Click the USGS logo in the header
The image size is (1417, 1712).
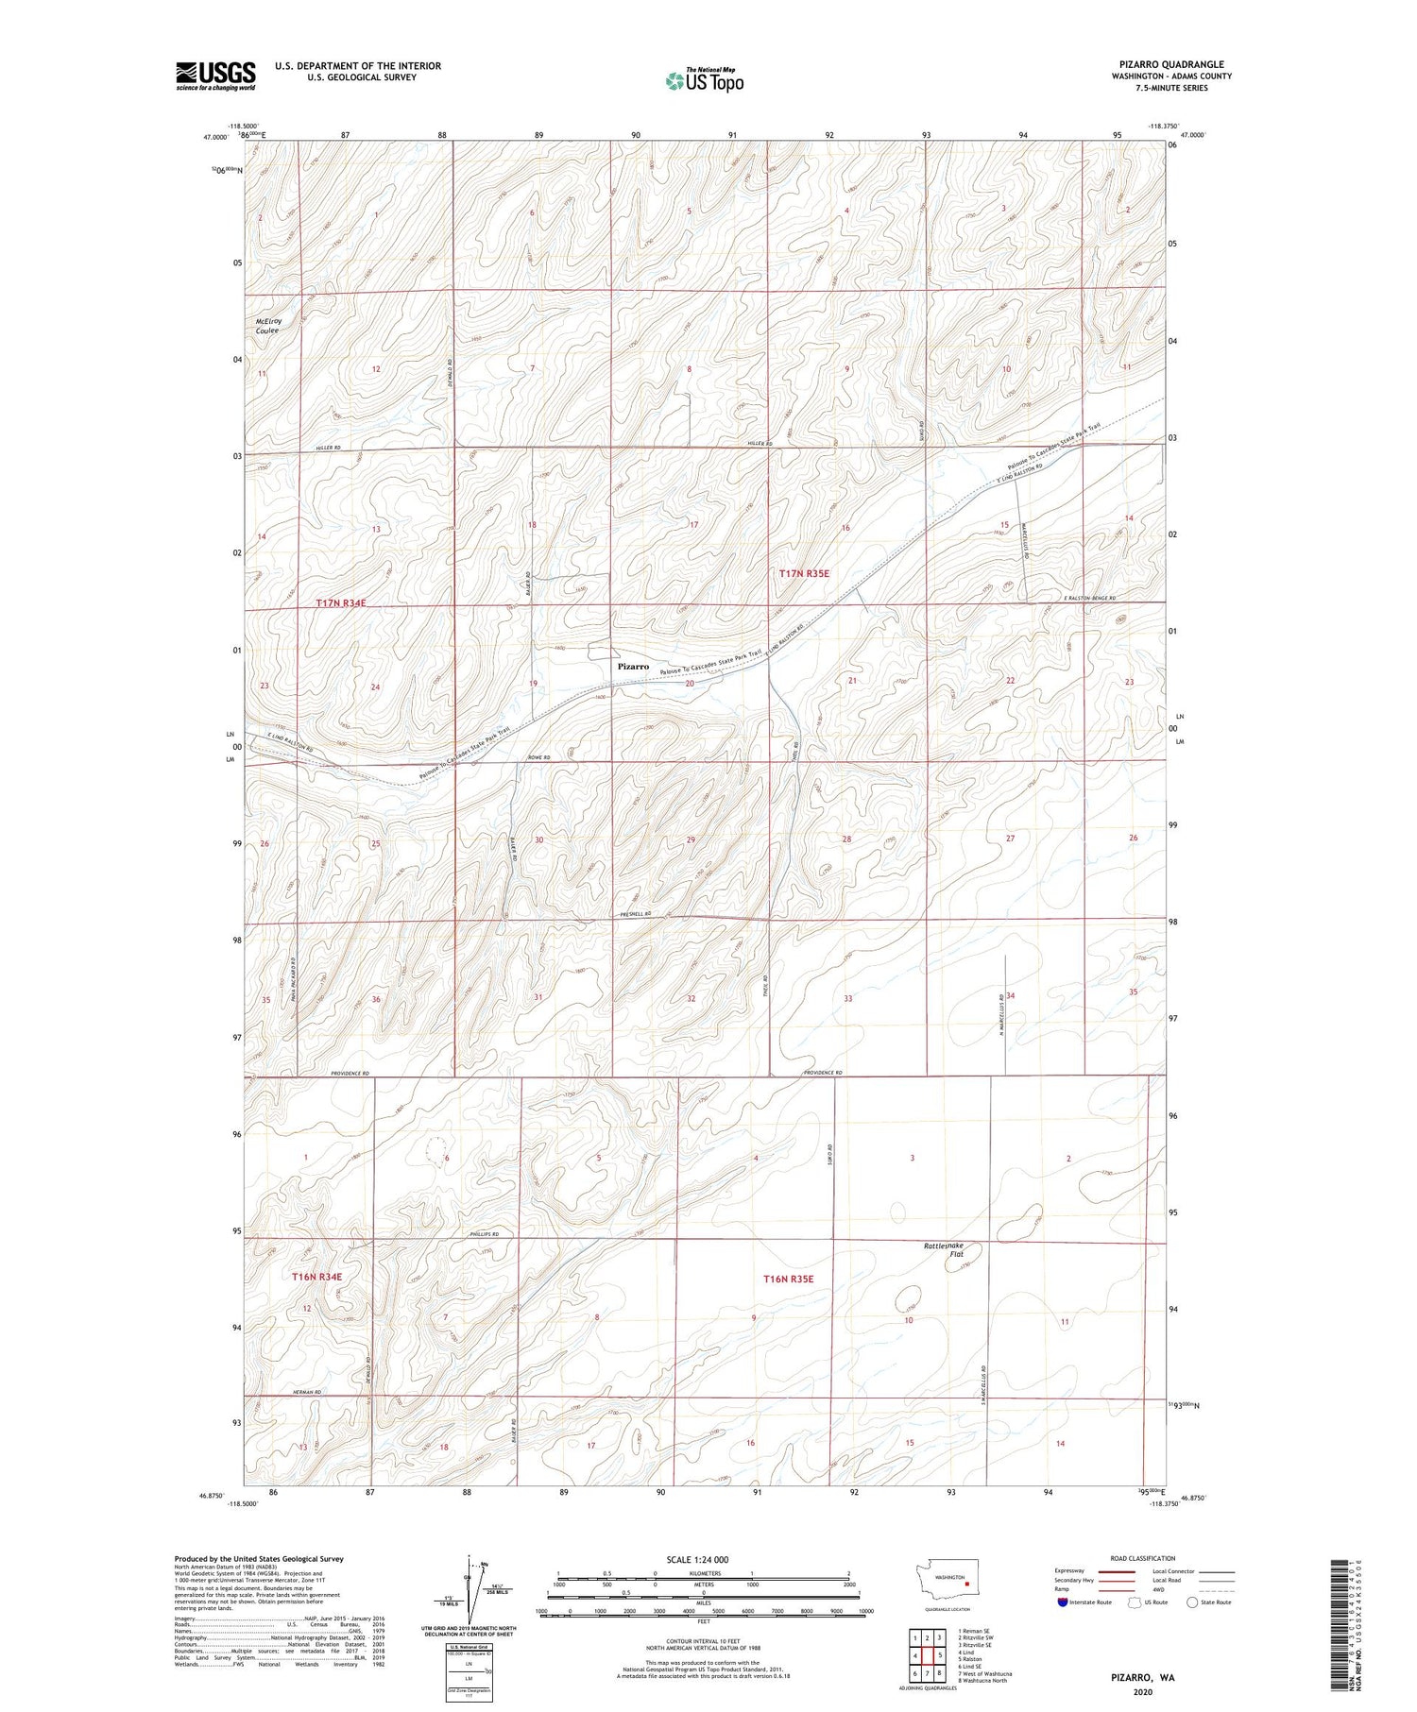coord(215,76)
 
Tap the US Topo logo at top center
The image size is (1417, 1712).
coord(704,81)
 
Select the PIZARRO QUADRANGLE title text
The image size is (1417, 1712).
coord(1171,64)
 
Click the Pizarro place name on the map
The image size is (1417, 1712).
coord(633,667)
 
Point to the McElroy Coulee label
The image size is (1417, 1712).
coord(269,326)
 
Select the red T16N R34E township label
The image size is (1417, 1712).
coord(316,1277)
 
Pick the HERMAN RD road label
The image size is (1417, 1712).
coord(307,1392)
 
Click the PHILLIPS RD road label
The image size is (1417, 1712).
coord(484,1234)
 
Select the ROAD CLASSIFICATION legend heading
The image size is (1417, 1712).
coord(1143,1558)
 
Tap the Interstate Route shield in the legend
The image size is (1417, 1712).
coord(1063,1602)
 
